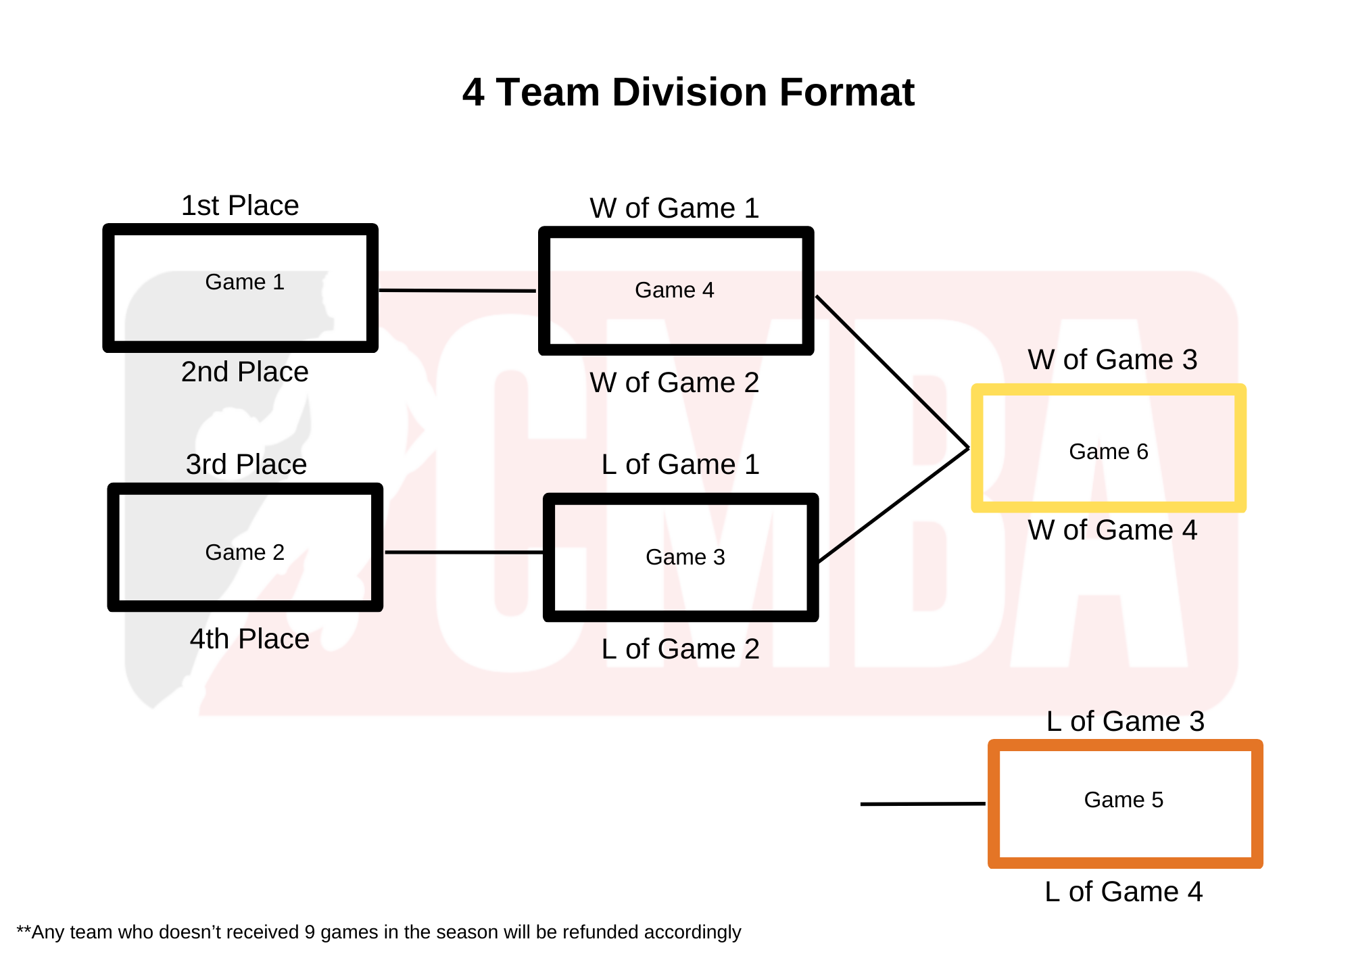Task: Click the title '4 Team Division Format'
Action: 687,93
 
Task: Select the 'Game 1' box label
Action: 245,282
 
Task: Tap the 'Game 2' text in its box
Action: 245,552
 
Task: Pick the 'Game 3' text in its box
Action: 685,557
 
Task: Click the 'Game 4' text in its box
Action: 674,290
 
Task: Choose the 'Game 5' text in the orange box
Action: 1124,800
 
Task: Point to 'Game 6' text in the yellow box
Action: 1108,452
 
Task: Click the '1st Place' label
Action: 240,206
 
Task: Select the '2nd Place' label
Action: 245,372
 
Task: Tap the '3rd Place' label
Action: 246,464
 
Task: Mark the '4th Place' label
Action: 249,639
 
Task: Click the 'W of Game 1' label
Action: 674,208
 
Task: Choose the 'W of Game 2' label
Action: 674,383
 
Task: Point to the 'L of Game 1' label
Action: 680,464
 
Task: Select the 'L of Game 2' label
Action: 680,649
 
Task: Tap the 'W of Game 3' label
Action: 1112,360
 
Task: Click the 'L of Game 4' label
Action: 1124,892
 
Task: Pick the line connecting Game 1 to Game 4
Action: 458,291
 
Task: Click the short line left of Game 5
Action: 922,804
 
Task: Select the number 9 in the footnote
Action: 309,932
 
